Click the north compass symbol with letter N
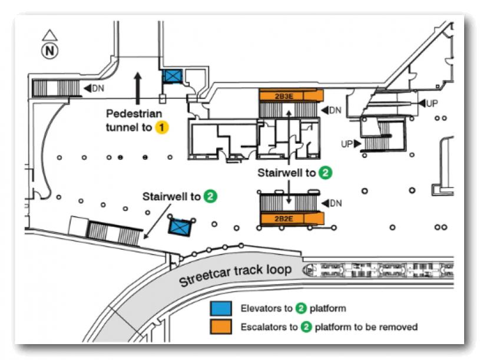point(50,51)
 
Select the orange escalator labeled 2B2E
point(292,218)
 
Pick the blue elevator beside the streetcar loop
point(179,226)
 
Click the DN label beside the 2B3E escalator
point(334,110)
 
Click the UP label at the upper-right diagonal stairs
point(432,103)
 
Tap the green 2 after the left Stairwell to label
point(210,196)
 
